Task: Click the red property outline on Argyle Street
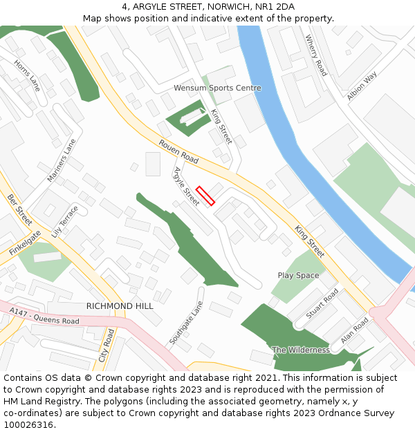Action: tap(205, 196)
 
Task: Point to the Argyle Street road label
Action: tap(186, 186)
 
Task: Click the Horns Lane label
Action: tap(27, 75)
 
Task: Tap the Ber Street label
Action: tap(20, 209)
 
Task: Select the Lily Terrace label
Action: tap(66, 222)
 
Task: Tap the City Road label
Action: tap(108, 346)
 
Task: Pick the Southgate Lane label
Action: tap(187, 323)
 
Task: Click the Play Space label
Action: tap(298, 275)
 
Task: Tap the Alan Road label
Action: tap(356, 331)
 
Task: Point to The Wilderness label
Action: tap(301, 350)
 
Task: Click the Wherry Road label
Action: tap(316, 55)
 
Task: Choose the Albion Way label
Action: tap(362, 87)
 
